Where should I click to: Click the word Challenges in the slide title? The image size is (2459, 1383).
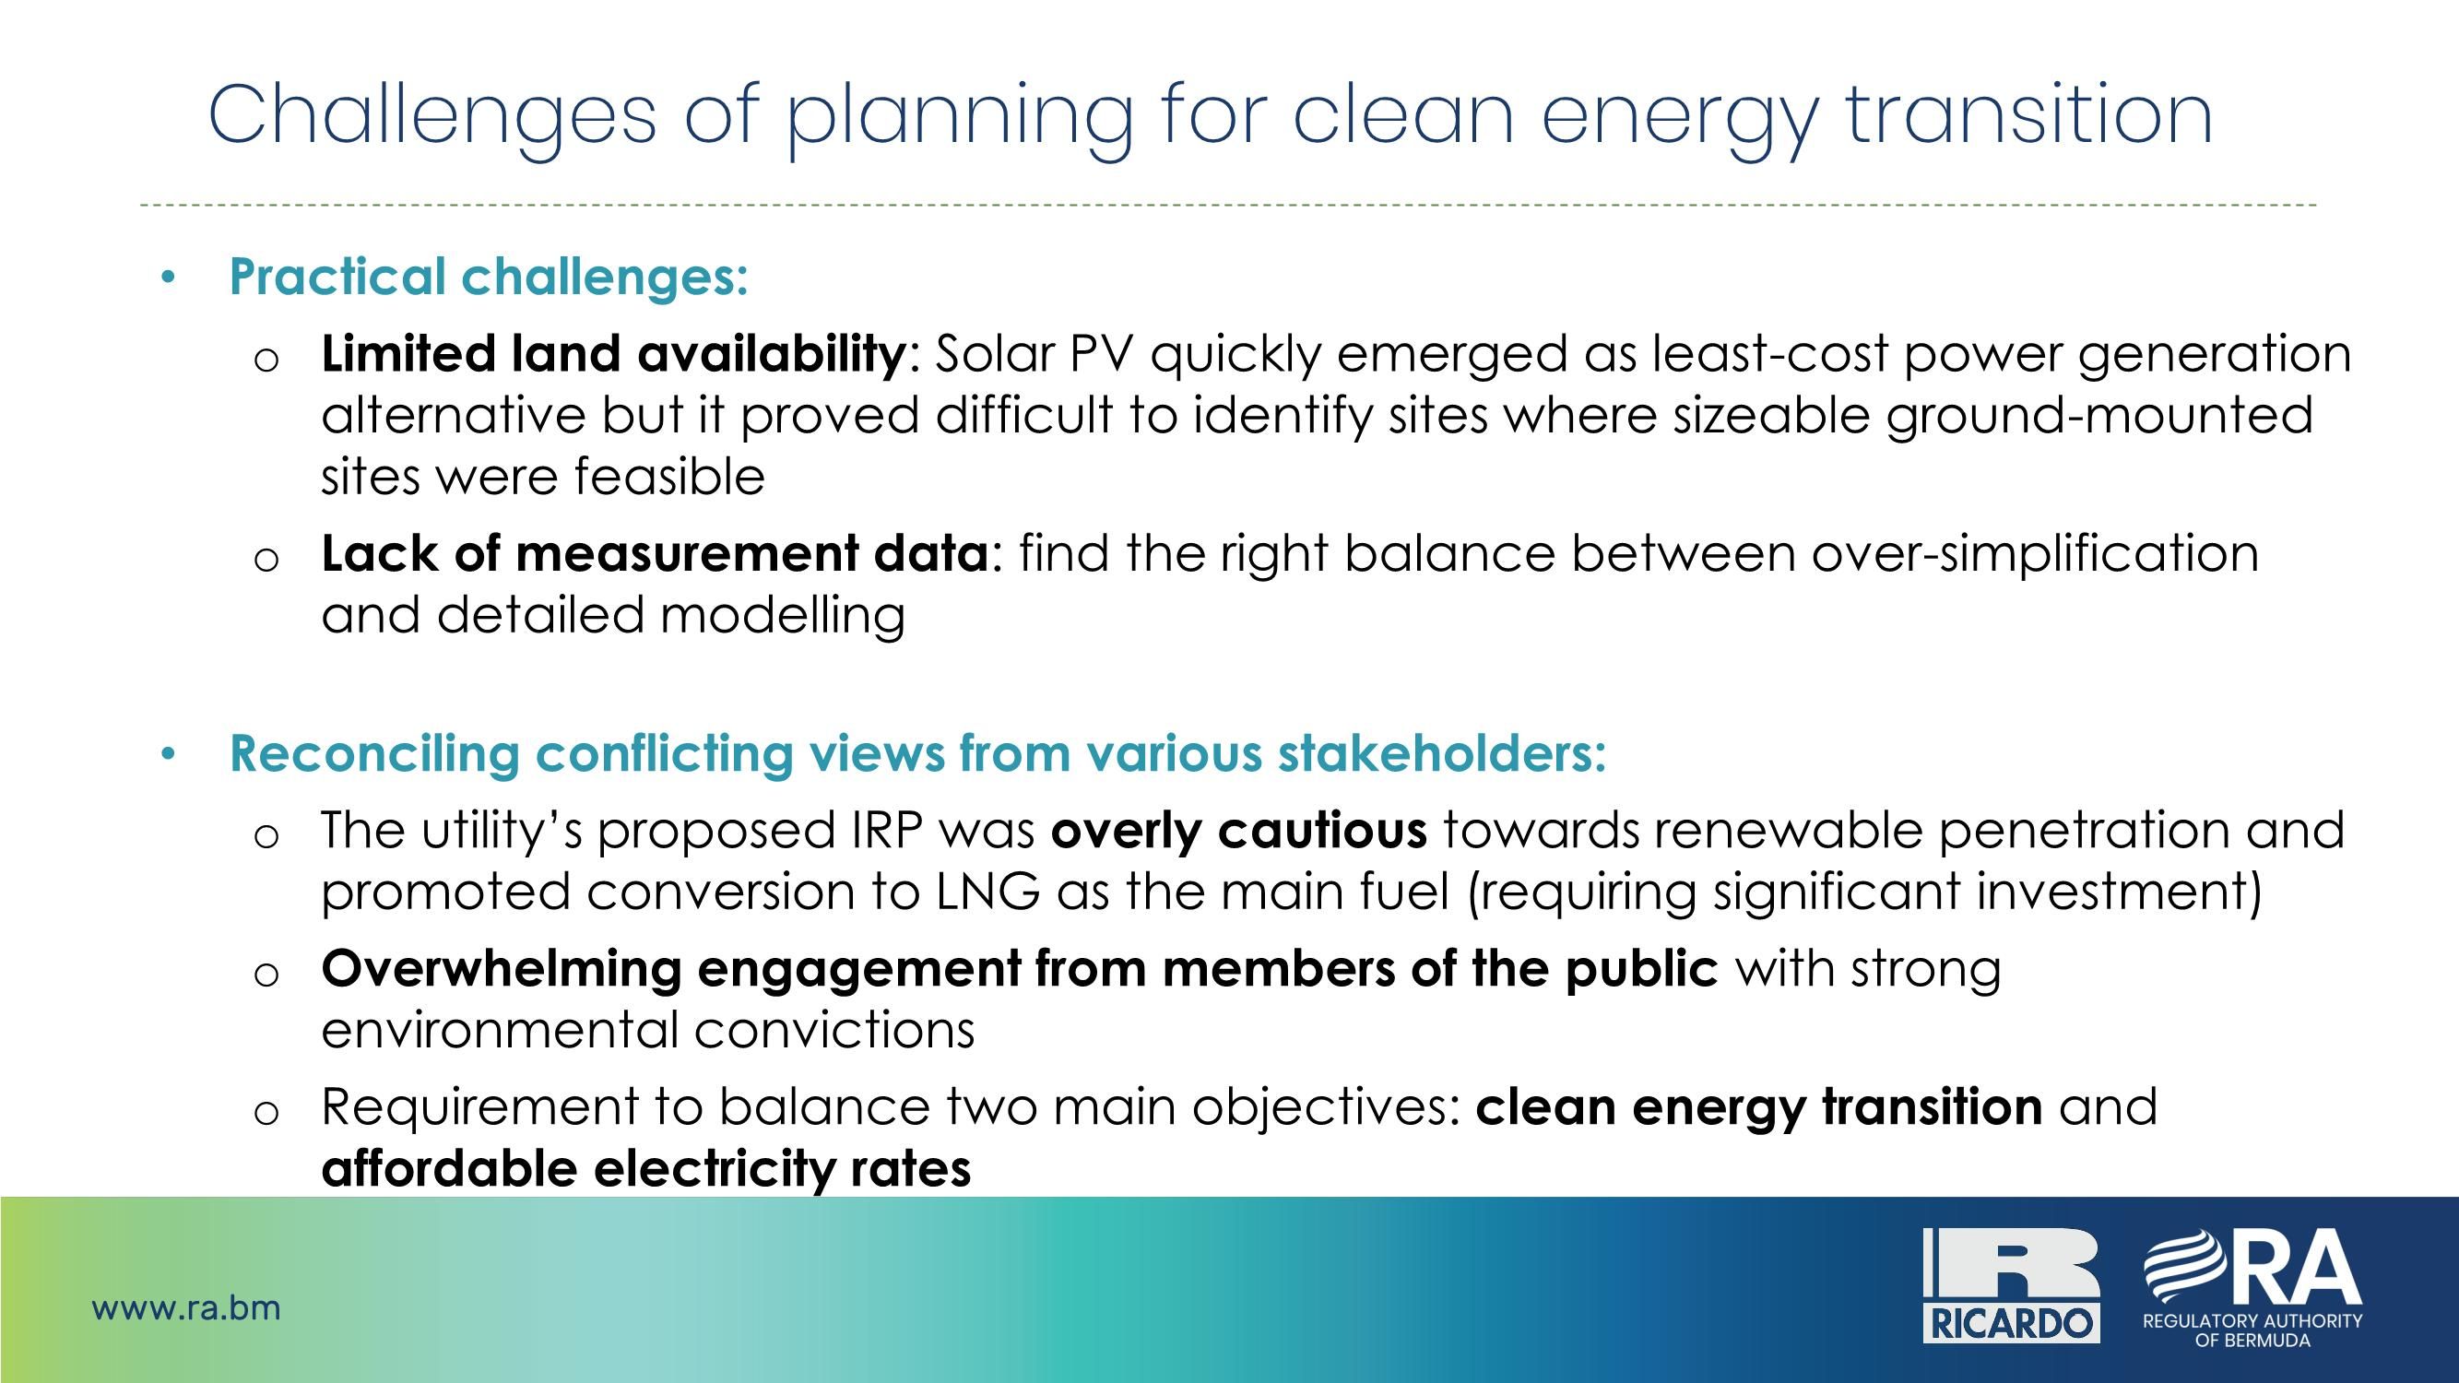tap(432, 116)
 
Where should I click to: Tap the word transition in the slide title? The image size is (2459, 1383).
tap(2029, 114)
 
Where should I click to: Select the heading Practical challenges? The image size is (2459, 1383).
tap(489, 278)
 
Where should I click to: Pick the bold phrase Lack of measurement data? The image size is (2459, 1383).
tap(655, 553)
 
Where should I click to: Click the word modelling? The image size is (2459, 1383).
tap(783, 616)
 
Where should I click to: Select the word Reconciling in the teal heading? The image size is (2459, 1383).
tap(374, 754)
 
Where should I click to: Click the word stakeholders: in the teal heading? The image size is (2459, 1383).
tap(1442, 753)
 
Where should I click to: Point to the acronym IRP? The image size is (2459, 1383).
tap(887, 831)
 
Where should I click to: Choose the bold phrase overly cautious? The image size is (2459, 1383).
tap(1239, 832)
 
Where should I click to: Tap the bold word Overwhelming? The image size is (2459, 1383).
tap(502, 970)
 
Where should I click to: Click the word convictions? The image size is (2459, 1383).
tap(834, 1031)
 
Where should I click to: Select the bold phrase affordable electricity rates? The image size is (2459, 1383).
tap(646, 1169)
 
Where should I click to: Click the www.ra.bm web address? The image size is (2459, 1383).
tap(186, 1307)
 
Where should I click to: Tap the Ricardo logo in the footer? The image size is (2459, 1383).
tap(2010, 1284)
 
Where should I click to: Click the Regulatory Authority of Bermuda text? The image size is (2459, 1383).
tap(2252, 1330)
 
